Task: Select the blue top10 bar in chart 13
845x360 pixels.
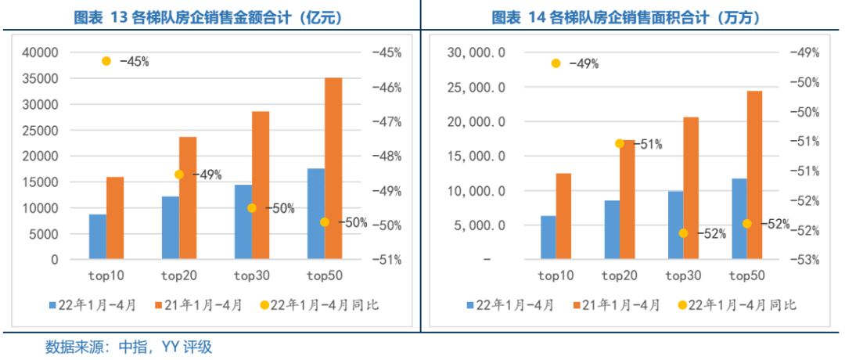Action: pos(97,236)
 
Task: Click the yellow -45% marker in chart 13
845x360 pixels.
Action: pos(106,61)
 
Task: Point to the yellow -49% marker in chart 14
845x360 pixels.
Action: pos(556,63)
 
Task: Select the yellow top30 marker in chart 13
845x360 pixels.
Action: pos(252,208)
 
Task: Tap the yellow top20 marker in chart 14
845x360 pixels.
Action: pos(619,143)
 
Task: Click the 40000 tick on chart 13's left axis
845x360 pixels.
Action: pos(42,52)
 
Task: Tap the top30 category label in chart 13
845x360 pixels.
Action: pos(252,275)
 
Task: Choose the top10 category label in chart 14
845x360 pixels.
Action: pos(556,275)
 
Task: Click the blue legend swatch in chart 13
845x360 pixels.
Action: pos(52,305)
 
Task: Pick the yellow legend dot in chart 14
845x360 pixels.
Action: pos(683,305)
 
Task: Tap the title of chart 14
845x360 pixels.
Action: pos(631,16)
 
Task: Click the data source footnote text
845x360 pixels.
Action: pos(129,346)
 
